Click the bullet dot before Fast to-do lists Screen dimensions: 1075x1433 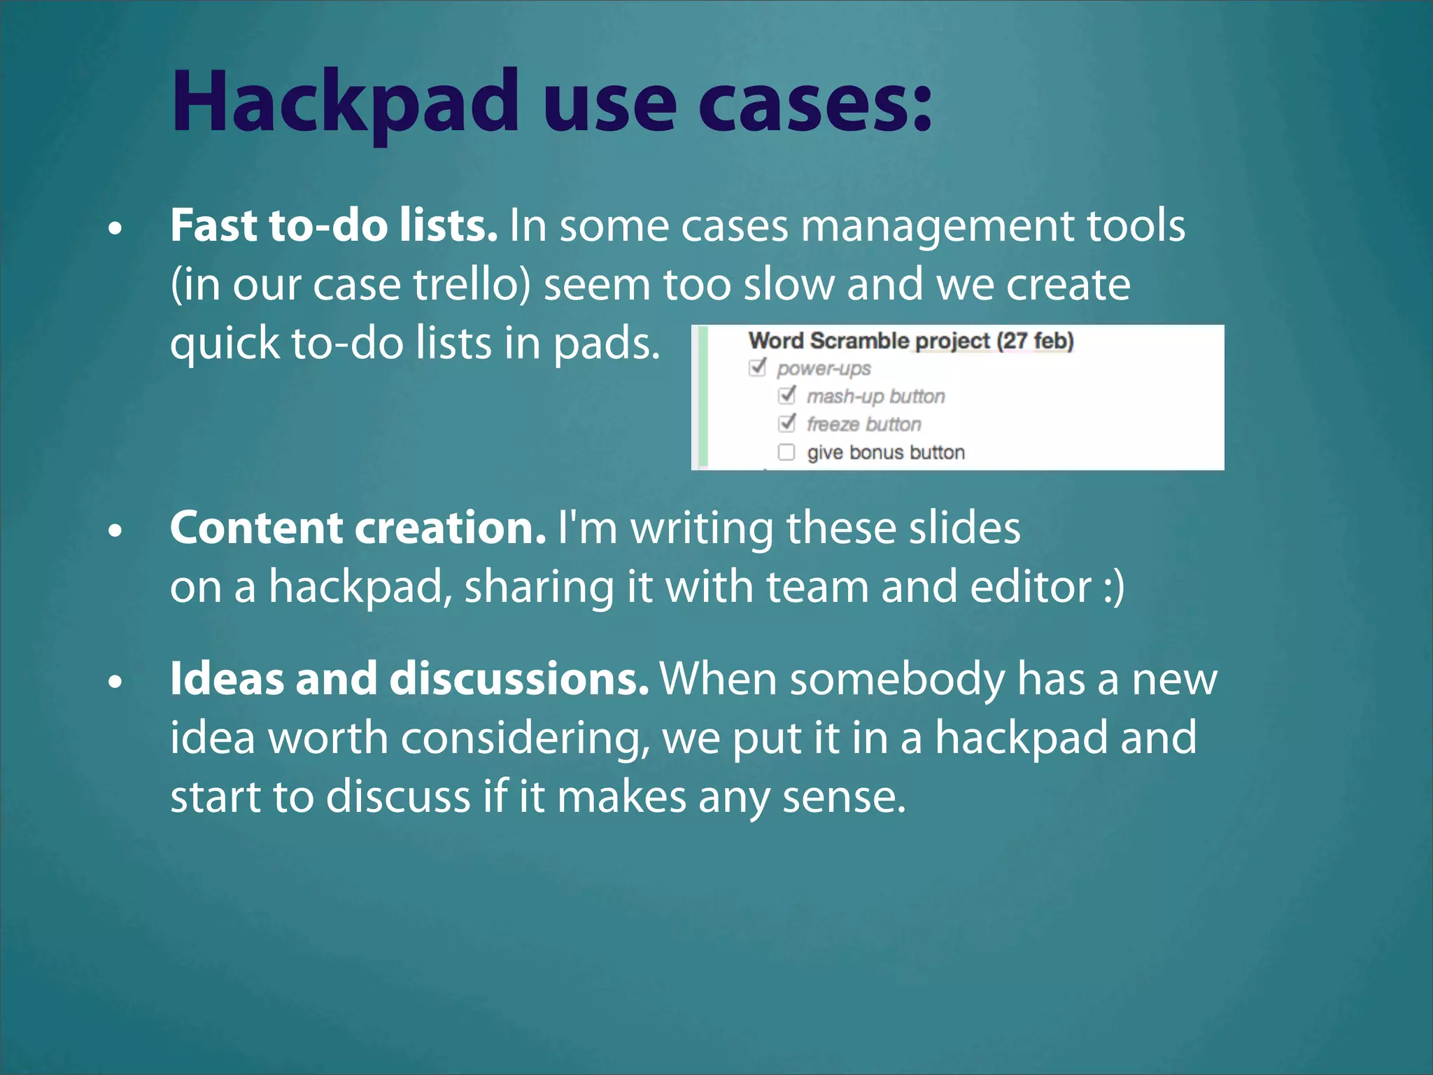(116, 228)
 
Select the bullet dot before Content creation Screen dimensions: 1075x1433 (116, 531)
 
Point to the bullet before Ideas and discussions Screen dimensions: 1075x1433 (116, 681)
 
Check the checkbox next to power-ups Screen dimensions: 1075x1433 (758, 367)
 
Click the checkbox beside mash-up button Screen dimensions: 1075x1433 (787, 395)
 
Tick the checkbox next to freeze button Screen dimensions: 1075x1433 (787, 423)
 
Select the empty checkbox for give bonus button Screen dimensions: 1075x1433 (786, 452)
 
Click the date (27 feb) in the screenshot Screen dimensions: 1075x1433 (1035, 341)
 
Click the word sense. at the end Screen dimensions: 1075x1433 (844, 798)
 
